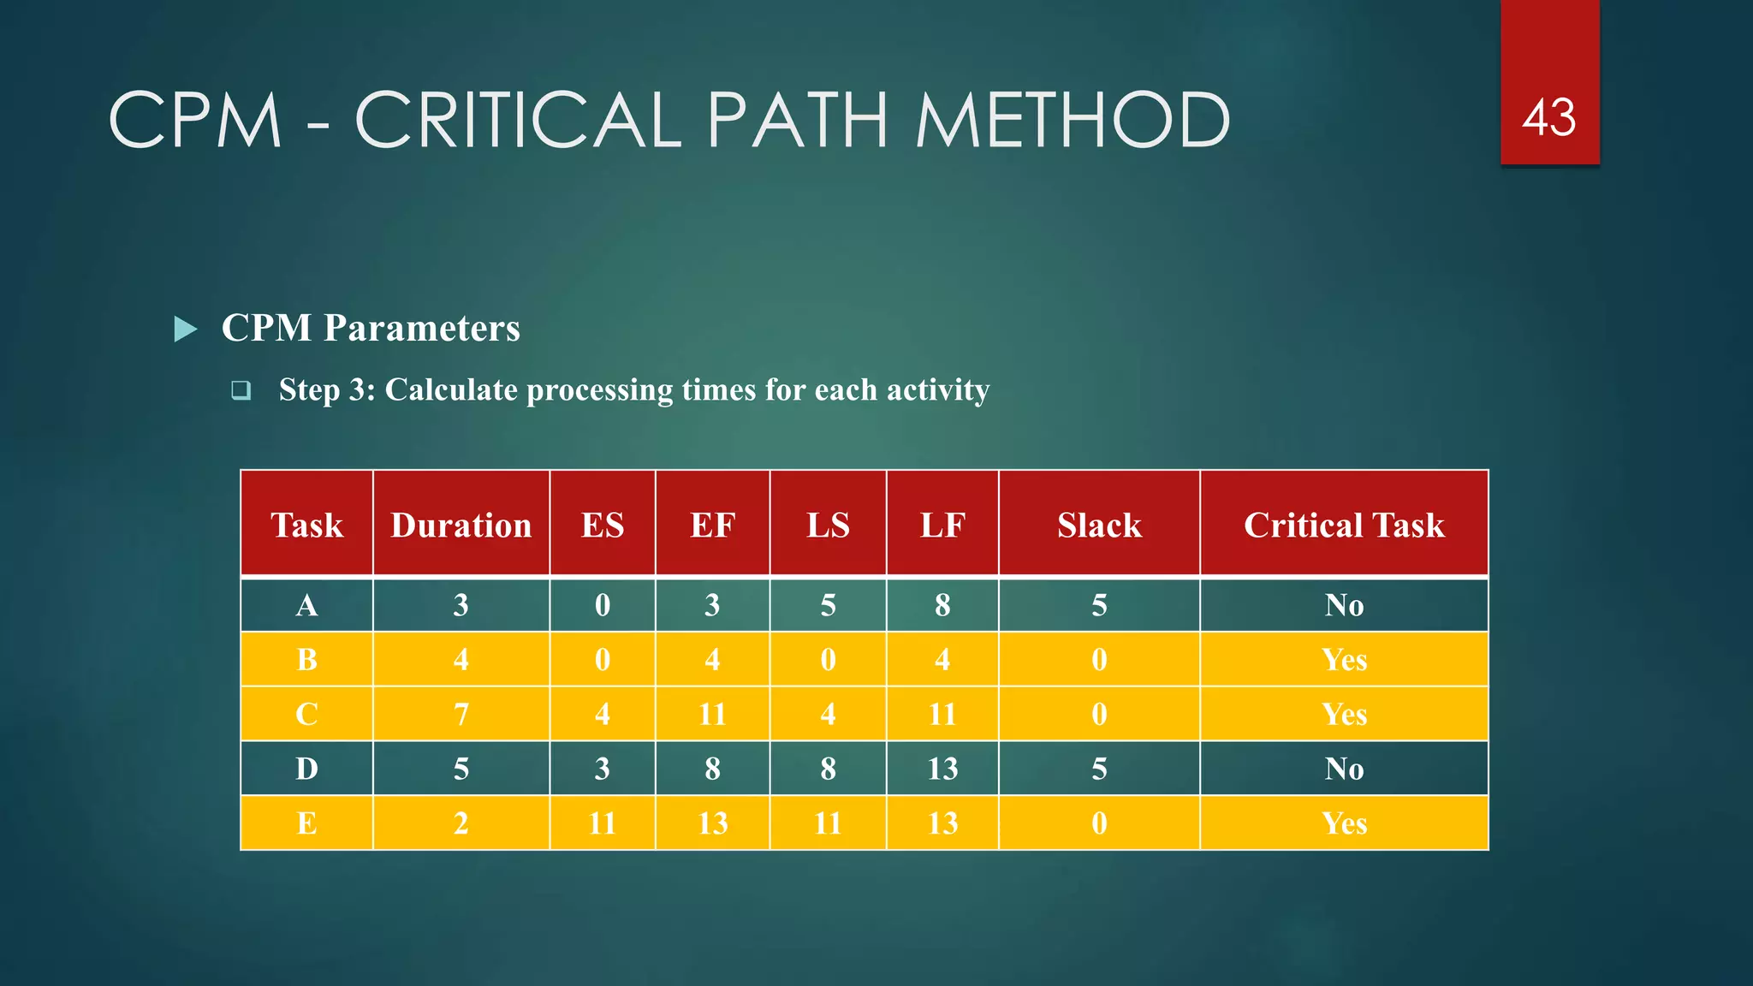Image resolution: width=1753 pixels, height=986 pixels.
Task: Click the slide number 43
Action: point(1548,117)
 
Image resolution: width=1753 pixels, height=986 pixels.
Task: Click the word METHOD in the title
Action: point(1072,121)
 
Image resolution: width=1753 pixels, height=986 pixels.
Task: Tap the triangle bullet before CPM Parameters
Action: point(186,329)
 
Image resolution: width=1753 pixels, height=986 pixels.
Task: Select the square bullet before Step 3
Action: point(241,391)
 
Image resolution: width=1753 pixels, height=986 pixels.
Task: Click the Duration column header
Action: point(461,525)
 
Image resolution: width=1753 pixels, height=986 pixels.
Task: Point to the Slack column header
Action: point(1099,525)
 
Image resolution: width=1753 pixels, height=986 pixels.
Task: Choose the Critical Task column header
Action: point(1344,525)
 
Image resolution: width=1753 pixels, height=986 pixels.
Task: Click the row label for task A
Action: point(306,605)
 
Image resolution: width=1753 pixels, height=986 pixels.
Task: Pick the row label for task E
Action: point(306,823)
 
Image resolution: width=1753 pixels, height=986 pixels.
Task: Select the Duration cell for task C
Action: point(461,714)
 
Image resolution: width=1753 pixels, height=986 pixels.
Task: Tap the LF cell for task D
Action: point(942,769)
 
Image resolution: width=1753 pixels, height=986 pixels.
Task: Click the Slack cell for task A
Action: point(1099,605)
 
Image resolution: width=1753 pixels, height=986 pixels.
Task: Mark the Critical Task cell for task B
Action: point(1344,660)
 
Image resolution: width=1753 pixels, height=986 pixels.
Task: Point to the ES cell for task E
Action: point(603,823)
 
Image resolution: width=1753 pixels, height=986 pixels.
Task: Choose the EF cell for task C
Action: point(712,714)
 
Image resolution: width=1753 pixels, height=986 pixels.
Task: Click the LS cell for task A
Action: point(828,605)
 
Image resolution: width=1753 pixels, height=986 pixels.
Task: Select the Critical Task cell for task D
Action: point(1344,769)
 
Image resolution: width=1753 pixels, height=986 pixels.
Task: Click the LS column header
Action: point(828,525)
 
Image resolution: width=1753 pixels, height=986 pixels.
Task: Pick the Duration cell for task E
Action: point(461,823)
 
